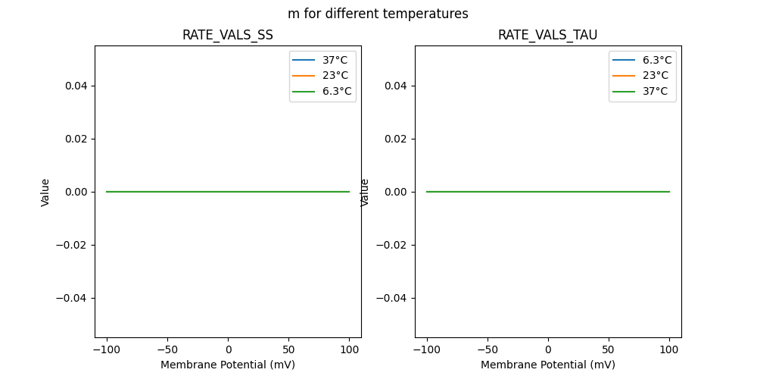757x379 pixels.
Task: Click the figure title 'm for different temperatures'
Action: click(x=378, y=14)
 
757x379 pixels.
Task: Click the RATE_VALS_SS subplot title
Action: click(x=227, y=35)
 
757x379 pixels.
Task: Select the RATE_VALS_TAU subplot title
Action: click(x=547, y=35)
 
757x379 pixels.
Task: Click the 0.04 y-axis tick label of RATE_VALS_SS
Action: click(x=75, y=86)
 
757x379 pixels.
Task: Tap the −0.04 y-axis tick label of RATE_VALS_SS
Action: click(x=72, y=298)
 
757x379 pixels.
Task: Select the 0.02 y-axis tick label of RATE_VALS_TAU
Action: click(x=395, y=139)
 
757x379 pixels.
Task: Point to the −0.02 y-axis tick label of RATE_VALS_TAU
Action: click(x=392, y=245)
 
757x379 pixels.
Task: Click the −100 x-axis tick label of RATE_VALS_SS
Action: click(x=106, y=350)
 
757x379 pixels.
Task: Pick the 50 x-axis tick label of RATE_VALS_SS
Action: click(x=288, y=350)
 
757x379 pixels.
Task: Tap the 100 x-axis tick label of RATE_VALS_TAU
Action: click(x=669, y=350)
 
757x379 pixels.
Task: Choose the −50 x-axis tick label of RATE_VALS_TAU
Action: click(x=487, y=350)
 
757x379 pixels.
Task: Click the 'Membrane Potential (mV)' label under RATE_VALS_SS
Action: click(x=227, y=365)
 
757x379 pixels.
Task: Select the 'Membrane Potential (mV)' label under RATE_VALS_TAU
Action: click(x=547, y=365)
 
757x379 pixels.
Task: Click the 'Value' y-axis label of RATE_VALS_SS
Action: click(x=45, y=192)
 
